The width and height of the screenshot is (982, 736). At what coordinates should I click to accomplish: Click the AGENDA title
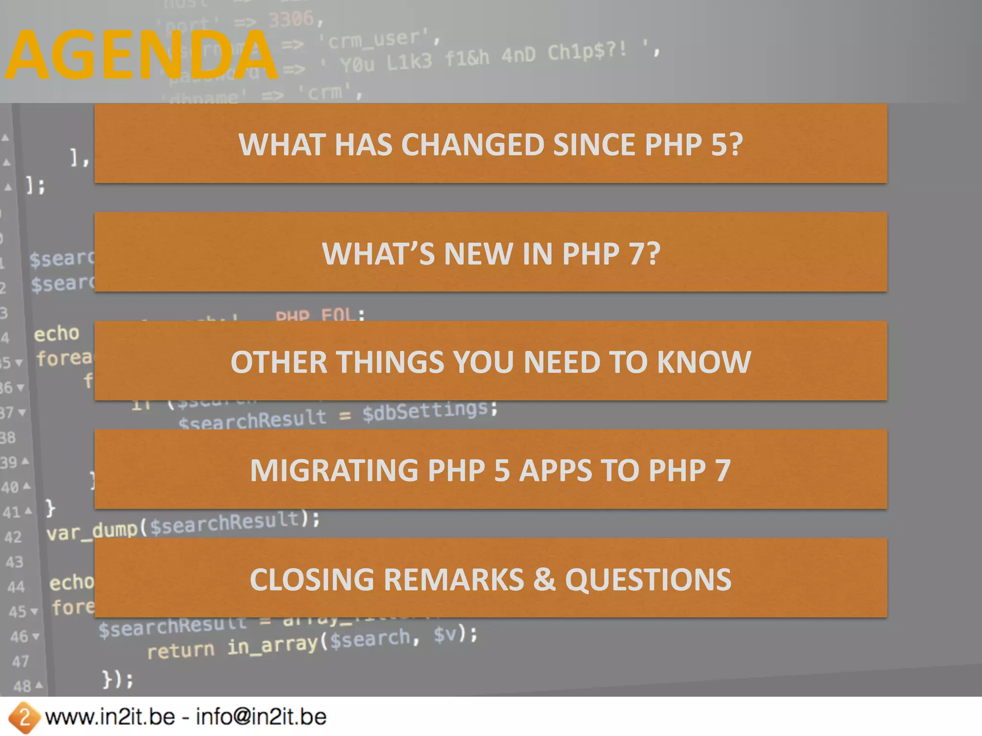142,55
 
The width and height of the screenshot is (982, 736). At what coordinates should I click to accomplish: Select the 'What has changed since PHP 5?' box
491,143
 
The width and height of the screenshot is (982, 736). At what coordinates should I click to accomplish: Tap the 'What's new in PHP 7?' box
491,252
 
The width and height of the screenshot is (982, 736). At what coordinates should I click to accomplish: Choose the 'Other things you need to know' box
491,361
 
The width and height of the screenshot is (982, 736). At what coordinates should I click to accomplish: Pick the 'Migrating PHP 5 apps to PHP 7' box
491,469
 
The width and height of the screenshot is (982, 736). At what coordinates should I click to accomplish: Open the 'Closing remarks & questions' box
491,578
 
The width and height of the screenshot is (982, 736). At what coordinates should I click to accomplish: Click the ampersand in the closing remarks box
544,579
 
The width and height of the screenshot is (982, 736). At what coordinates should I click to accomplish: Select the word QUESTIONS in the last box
648,580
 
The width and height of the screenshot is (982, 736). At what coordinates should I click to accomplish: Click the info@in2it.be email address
261,717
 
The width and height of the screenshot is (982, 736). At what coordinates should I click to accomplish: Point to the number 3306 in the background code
291,20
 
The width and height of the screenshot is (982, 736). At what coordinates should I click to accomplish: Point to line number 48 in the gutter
22,686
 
